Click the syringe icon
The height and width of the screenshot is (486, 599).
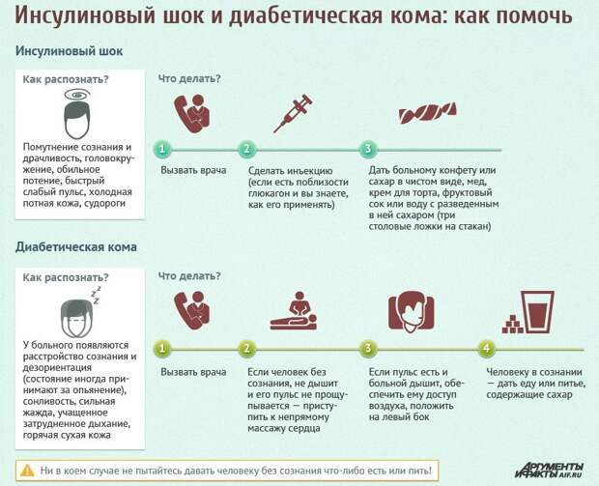(x=294, y=113)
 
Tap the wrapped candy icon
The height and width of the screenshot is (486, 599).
(x=427, y=113)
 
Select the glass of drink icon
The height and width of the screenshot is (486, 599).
(x=538, y=312)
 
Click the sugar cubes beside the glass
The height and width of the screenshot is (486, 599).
(x=512, y=325)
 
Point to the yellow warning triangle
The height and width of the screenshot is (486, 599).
(x=27, y=470)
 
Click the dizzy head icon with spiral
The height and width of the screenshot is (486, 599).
(x=77, y=114)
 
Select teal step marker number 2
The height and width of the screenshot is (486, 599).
(x=246, y=149)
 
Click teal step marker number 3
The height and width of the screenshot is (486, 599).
(x=368, y=149)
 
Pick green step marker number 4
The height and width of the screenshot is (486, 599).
(x=486, y=349)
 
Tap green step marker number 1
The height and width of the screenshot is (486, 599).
(x=162, y=349)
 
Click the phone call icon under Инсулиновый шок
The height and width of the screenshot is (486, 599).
(x=192, y=113)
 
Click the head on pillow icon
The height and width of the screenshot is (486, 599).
(x=411, y=311)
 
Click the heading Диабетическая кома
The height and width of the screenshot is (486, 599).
(x=76, y=246)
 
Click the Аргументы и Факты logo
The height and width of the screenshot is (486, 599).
(x=549, y=471)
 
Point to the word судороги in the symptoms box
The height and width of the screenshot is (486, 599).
(x=104, y=203)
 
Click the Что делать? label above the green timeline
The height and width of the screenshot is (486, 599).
(x=189, y=276)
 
